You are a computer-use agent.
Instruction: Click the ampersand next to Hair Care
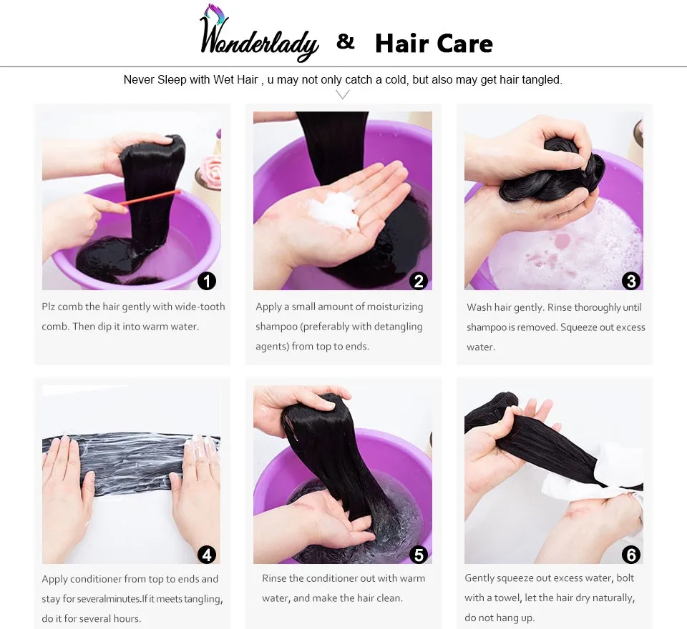pyautogui.click(x=346, y=42)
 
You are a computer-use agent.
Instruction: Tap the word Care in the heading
pyautogui.click(x=464, y=44)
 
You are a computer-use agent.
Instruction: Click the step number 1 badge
pyautogui.click(x=207, y=281)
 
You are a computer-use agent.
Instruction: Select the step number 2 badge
pyautogui.click(x=419, y=281)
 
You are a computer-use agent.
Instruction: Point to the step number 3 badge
pyautogui.click(x=630, y=281)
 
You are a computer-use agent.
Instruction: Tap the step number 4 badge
pyautogui.click(x=207, y=554)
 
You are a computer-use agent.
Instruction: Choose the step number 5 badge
pyautogui.click(x=419, y=554)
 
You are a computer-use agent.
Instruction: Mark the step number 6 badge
pyautogui.click(x=630, y=554)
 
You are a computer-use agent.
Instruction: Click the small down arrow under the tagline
pyautogui.click(x=343, y=95)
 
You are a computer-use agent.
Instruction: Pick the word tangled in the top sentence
pyautogui.click(x=541, y=79)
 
